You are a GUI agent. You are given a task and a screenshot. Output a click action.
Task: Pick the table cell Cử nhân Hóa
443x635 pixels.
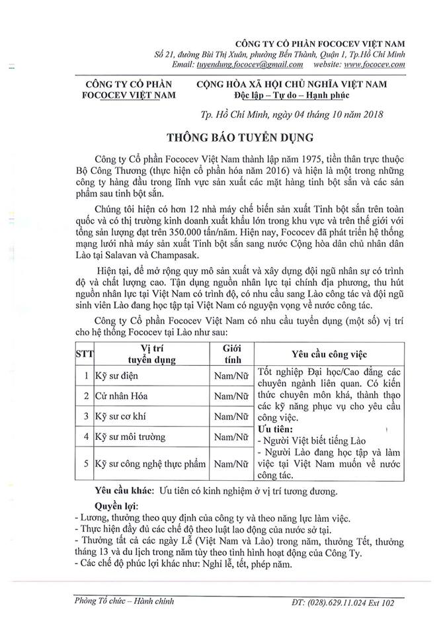pos(122,396)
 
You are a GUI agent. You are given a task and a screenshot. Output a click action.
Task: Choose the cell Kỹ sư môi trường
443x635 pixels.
pos(130,437)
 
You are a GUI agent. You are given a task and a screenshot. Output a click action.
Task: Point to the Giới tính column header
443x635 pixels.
pos(232,354)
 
